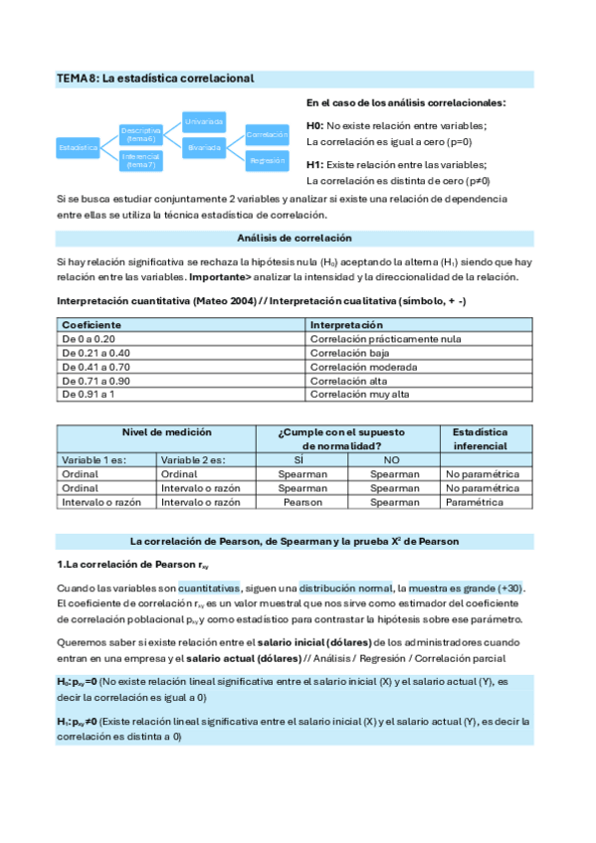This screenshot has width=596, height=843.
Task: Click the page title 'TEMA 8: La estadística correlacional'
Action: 155,78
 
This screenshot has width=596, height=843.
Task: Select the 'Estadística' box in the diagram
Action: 79,147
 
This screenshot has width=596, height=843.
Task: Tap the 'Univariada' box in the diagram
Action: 204,121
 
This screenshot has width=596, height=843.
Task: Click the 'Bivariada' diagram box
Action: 204,147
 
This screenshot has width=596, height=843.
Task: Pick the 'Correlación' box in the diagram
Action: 267,134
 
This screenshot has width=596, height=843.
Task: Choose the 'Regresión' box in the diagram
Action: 267,160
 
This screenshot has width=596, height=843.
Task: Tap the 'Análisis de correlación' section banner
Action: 295,238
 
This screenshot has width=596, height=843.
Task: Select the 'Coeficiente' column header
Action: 92,325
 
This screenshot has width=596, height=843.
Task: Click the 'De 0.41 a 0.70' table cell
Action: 96,367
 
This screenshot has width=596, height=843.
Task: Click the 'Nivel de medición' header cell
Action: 155,432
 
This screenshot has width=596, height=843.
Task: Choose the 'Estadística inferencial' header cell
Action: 480,439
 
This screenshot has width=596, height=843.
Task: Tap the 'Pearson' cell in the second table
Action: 301,503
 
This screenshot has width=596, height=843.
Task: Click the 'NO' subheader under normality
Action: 390,460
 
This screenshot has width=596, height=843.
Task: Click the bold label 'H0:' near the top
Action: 314,125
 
